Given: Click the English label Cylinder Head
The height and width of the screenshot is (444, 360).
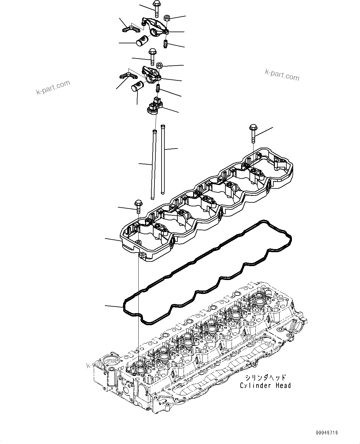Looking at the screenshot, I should point(265,386).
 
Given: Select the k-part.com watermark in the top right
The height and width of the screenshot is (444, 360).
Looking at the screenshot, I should point(282,74).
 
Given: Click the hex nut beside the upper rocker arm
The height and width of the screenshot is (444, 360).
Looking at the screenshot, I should point(166,17).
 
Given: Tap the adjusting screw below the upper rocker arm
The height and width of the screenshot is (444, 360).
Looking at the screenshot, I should point(166,45).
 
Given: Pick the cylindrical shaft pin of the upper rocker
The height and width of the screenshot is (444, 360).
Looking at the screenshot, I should point(142,41).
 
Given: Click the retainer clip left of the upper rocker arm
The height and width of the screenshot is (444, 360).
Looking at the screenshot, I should point(129,29).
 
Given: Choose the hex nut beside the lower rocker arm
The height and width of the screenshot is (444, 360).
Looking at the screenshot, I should point(160,65).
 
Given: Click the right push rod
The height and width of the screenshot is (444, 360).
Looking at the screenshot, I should point(163,159).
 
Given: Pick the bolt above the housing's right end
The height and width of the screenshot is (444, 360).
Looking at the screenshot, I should point(253,133).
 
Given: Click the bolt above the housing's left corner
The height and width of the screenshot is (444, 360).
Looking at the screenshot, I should point(138,206).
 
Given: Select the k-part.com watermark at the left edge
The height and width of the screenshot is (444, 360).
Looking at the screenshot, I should point(53,88).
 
